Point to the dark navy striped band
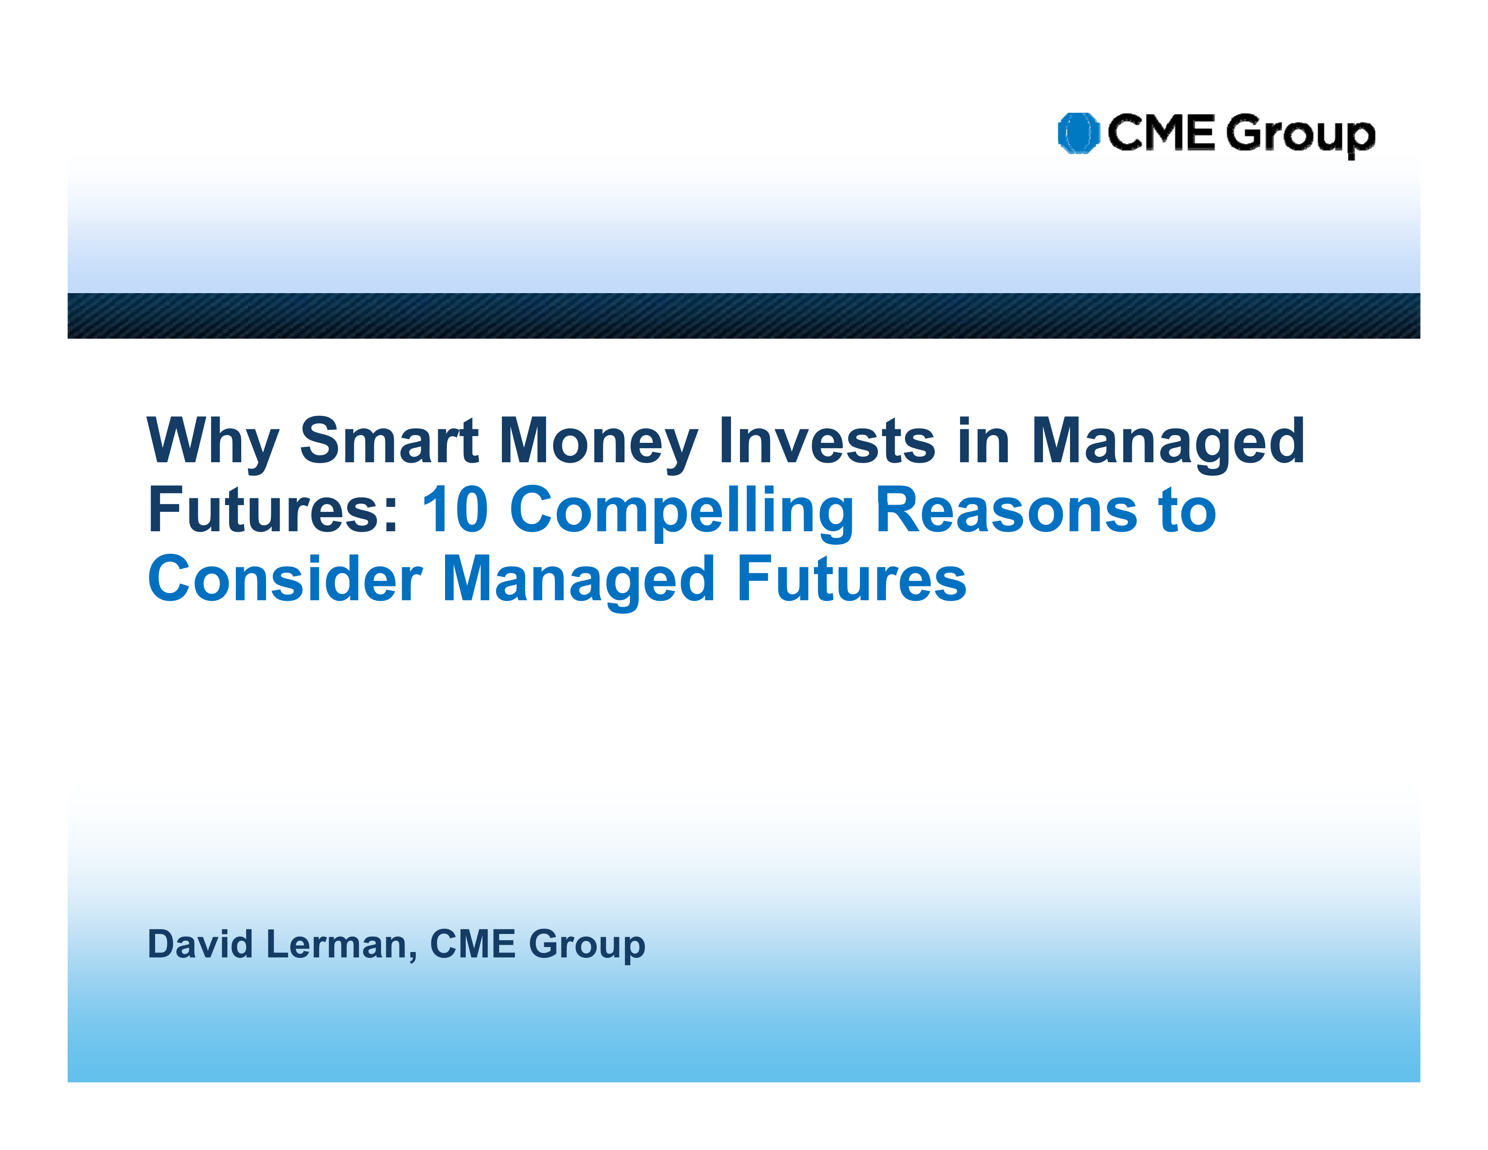(744, 315)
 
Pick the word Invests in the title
(828, 440)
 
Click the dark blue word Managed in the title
(1168, 443)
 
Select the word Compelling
(681, 512)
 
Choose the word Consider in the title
(285, 579)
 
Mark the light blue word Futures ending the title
(852, 579)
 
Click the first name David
(200, 944)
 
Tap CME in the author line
(473, 944)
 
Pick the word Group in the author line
(587, 947)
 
